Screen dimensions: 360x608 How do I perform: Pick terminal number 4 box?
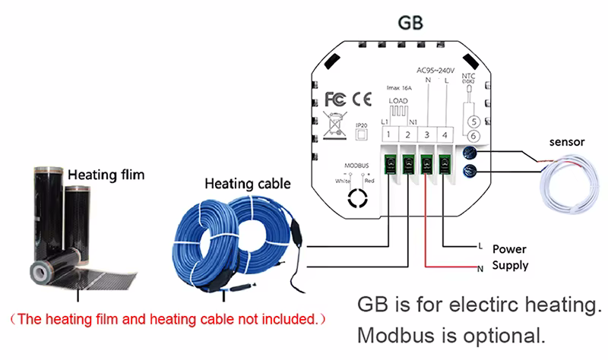(445, 135)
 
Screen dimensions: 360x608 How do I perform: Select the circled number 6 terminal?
(473, 136)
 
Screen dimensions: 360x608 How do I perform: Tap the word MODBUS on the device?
(356, 164)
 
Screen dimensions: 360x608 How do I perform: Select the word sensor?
(566, 142)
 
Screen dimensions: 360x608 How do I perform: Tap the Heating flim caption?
(106, 175)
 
